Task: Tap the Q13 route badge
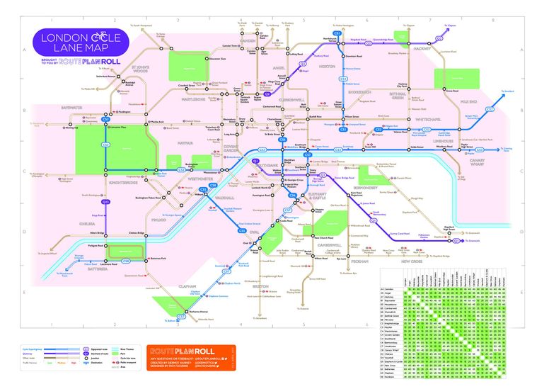point(105,202)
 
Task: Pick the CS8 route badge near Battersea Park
point(106,261)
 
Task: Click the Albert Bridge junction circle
point(105,233)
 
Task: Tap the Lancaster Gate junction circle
point(105,126)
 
